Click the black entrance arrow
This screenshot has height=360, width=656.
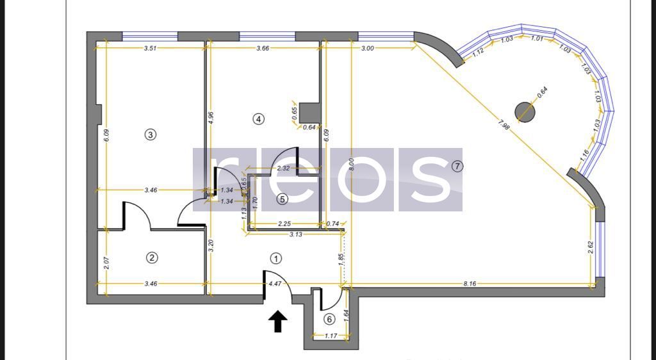[x=277, y=322]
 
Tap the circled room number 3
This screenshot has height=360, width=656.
[x=150, y=135]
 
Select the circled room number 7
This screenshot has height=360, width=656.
[x=457, y=167]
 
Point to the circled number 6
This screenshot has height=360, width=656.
[x=329, y=319]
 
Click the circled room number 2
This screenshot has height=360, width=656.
[x=152, y=258]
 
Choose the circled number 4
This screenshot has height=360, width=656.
[x=258, y=119]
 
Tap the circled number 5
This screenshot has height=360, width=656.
[x=283, y=199]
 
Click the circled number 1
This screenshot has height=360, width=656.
[x=275, y=259]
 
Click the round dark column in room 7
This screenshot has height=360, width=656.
[x=525, y=112]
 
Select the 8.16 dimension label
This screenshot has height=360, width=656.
[x=470, y=283]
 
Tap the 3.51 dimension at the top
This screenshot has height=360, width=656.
[x=151, y=48]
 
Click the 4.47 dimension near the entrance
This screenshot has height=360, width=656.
[x=275, y=283]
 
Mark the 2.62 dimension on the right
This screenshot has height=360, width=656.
[x=590, y=248]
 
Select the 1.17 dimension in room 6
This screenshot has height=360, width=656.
[x=331, y=336]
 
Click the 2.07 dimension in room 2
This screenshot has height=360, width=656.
[x=106, y=263]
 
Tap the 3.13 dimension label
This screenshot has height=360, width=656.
[x=295, y=234]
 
